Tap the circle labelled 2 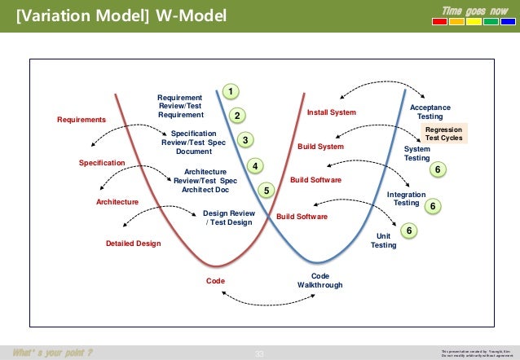click(x=237, y=116)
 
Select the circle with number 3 click(x=245, y=140)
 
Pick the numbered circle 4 click(x=254, y=166)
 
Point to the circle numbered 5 click(x=266, y=190)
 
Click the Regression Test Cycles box click(x=443, y=134)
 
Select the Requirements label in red click(x=82, y=120)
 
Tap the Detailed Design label click(x=134, y=244)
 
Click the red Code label click(x=215, y=281)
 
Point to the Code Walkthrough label click(x=319, y=281)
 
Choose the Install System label click(x=331, y=112)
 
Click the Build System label click(x=320, y=147)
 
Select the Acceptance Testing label click(x=430, y=112)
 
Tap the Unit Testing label click(x=383, y=240)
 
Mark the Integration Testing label click(x=406, y=199)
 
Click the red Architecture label click(x=117, y=201)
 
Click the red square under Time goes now click(x=439, y=22)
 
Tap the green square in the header click(x=490, y=22)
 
